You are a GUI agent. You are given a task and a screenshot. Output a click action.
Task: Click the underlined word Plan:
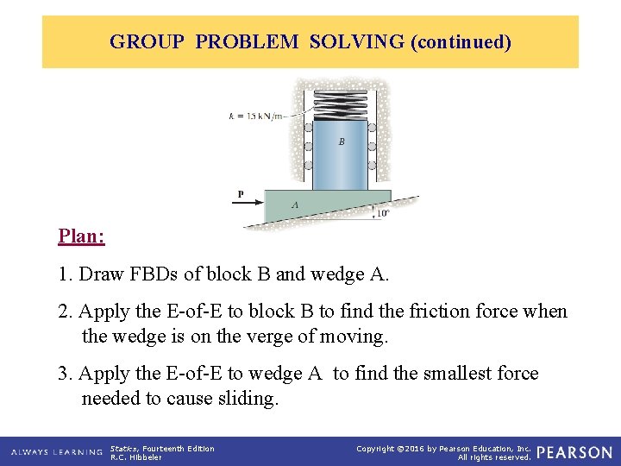pyautogui.click(x=81, y=236)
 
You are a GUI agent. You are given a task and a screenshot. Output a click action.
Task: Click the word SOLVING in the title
pyautogui.click(x=356, y=41)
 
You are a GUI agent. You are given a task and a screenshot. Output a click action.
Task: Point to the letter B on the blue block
pyautogui.click(x=342, y=142)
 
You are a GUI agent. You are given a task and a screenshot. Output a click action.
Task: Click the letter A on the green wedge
pyautogui.click(x=295, y=205)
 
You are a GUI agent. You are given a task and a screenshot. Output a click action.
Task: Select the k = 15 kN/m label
pyautogui.click(x=255, y=116)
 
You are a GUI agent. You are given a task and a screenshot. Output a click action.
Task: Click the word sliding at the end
pyautogui.click(x=253, y=398)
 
